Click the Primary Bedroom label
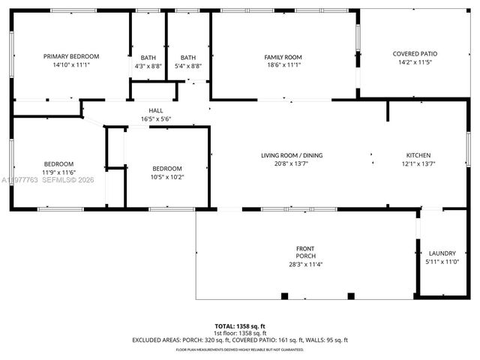coord(71,56)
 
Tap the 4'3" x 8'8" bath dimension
coord(148,66)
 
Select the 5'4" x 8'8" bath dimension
coord(188,66)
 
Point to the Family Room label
coord(283,57)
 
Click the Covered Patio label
coord(415,53)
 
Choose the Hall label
coord(156,110)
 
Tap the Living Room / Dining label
coord(292,155)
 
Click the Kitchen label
coord(418,155)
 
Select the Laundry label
coord(442,253)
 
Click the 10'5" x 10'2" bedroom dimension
coord(167,177)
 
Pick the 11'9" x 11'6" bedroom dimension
coord(58,172)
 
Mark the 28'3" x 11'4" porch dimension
coord(306,264)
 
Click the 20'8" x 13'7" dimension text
coord(292,163)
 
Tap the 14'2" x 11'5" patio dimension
coord(415,61)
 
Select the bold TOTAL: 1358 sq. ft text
coord(240,326)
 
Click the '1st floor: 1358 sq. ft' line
coord(240,333)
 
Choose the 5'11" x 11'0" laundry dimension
coord(442,262)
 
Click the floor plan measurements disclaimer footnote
coord(240,349)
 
